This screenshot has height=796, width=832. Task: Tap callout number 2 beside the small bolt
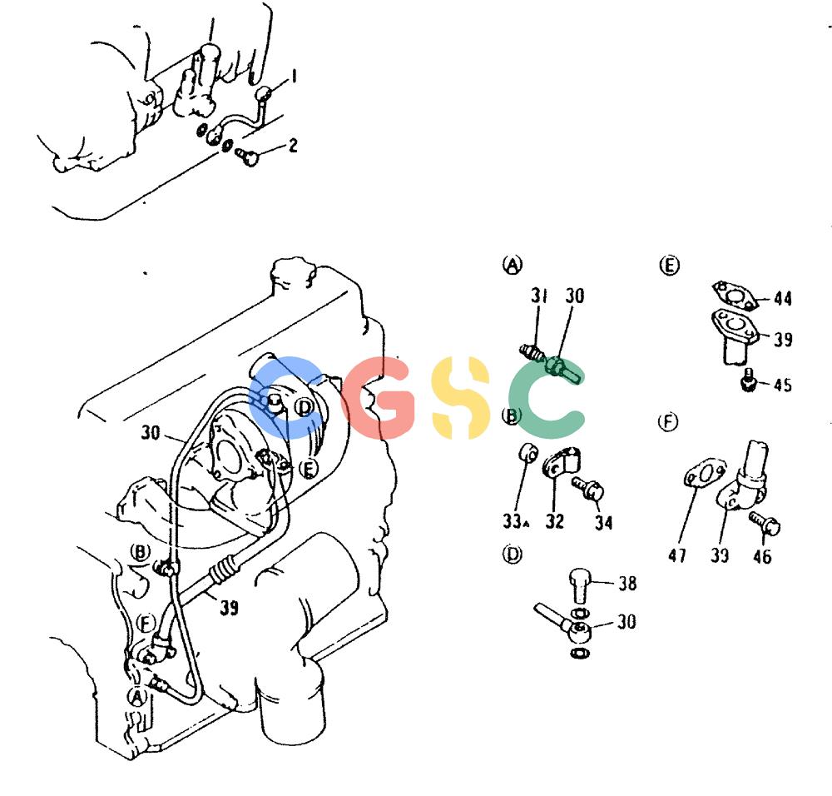click(293, 145)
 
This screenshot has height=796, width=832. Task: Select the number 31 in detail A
click(539, 296)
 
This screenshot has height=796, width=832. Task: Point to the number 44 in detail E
click(783, 298)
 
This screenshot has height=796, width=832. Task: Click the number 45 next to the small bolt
click(783, 384)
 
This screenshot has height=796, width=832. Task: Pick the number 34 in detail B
click(603, 523)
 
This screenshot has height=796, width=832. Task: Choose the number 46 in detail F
click(762, 556)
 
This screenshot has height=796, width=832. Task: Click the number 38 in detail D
click(627, 583)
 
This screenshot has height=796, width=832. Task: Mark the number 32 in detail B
click(554, 521)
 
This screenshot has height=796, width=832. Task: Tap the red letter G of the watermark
click(379, 398)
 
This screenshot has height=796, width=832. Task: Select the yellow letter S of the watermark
click(460, 398)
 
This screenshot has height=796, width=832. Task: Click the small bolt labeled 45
click(748, 381)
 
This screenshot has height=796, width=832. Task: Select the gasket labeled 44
click(735, 296)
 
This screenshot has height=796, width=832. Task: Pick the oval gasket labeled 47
click(704, 473)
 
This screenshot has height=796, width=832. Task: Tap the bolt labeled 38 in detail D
click(580, 585)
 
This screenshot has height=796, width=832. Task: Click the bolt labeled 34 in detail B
click(588, 488)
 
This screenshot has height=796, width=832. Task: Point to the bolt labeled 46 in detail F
click(765, 523)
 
